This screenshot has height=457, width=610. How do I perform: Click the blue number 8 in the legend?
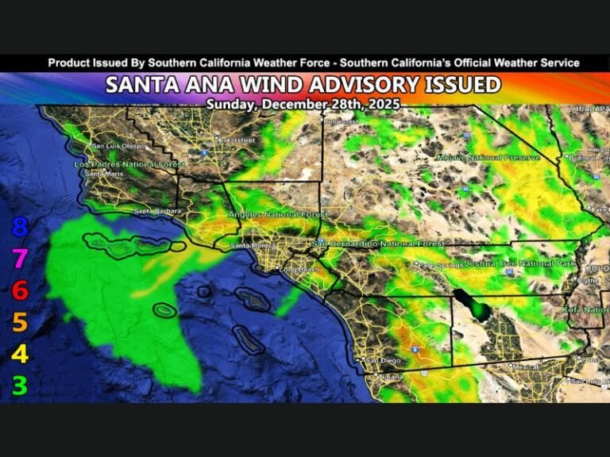[20, 228]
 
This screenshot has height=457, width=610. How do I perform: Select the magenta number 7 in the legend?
[20, 259]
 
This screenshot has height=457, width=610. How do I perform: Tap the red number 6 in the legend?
[20, 290]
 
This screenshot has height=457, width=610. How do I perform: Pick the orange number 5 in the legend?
[20, 322]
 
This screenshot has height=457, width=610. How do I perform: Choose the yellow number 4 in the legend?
[20, 354]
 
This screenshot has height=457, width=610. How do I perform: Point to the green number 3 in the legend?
[20, 386]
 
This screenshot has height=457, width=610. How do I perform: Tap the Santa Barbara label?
[157, 211]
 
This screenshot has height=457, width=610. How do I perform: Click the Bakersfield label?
[237, 140]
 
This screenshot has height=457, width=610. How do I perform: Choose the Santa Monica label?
[249, 246]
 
